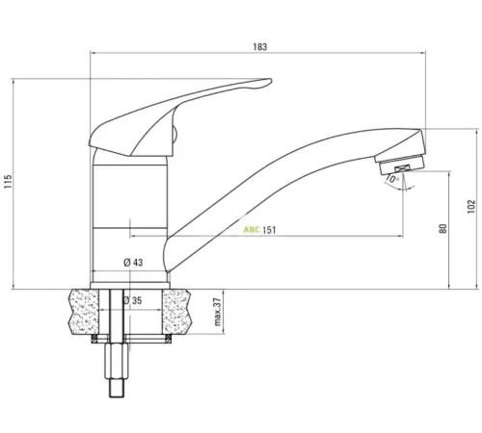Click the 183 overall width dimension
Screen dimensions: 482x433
(x=260, y=47)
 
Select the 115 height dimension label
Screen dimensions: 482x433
(x=8, y=182)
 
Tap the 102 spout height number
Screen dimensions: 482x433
(x=470, y=207)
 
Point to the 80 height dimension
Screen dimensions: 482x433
(x=442, y=229)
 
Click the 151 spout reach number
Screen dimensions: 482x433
(x=269, y=230)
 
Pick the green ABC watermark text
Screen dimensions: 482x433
(x=252, y=230)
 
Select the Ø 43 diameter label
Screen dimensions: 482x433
(x=133, y=263)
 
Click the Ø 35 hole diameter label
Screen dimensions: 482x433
(x=132, y=300)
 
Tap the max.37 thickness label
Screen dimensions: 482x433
(x=218, y=312)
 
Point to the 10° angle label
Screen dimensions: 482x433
(x=392, y=179)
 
